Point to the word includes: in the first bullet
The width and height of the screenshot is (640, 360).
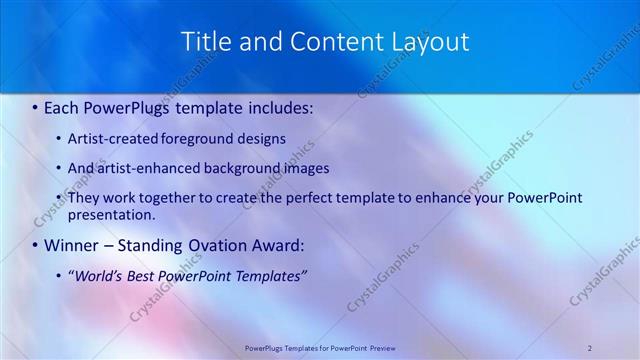click(x=275, y=105)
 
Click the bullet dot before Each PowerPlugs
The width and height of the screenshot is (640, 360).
click(x=36, y=105)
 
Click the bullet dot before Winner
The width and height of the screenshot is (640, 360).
click(x=36, y=245)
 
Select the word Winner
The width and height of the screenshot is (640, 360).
click(x=72, y=245)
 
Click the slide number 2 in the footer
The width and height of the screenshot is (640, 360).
click(x=590, y=347)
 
